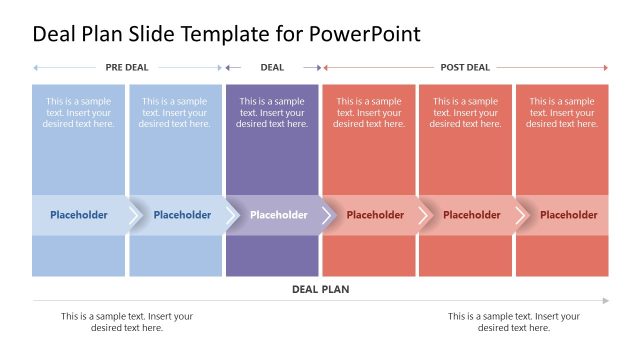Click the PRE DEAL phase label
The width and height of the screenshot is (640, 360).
click(128, 68)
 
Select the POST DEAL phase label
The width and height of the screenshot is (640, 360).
click(465, 68)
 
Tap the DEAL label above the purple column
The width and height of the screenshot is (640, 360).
click(272, 68)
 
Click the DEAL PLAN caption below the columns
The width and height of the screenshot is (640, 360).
click(320, 289)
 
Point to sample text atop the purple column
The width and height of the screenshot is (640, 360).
click(272, 112)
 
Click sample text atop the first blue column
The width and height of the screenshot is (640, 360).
click(78, 112)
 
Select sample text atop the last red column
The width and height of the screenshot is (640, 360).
click(562, 112)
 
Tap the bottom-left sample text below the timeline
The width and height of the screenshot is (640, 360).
click(127, 322)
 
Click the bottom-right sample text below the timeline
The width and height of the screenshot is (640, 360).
click(514, 322)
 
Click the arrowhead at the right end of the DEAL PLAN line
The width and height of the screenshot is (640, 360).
click(605, 300)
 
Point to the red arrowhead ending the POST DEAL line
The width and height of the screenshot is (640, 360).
click(605, 68)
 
